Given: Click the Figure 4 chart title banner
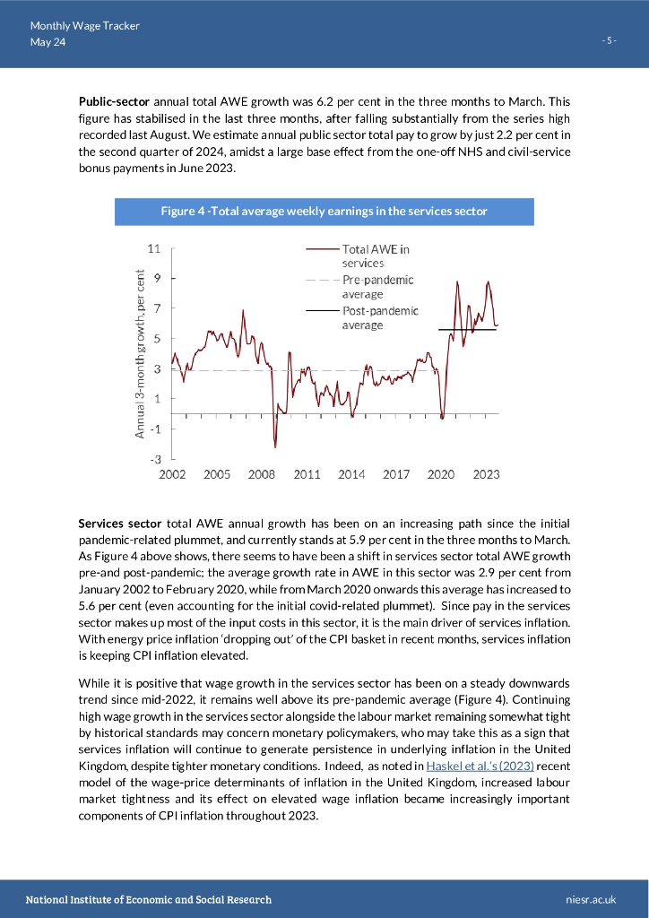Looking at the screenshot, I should click(324, 212).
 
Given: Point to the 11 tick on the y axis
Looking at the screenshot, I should click(153, 247).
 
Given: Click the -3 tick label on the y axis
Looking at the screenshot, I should click(153, 459).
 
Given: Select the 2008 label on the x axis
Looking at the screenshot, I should click(262, 474).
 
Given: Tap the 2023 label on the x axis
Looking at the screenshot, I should click(486, 474).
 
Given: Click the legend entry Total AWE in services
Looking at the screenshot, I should click(376, 255).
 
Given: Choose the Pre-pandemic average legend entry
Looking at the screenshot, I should click(377, 287).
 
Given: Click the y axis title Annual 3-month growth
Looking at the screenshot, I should click(140, 354).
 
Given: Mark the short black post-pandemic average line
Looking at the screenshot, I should click(467, 330).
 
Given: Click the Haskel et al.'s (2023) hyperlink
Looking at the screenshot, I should click(480, 766).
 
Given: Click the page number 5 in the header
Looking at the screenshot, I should click(610, 41).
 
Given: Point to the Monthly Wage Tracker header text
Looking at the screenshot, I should click(84, 26).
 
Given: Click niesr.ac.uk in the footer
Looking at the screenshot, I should click(592, 899).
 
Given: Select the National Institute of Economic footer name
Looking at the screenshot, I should click(148, 899).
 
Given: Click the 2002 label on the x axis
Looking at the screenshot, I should click(172, 474).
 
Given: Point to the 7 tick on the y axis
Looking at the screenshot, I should click(156, 307).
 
